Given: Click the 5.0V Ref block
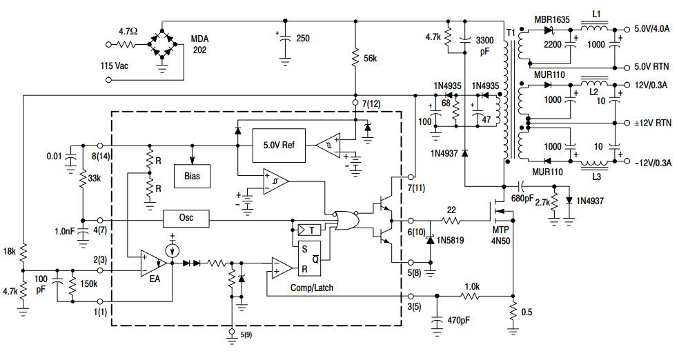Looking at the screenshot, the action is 279,146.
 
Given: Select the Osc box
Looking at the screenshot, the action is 186,219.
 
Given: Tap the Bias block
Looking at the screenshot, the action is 192,176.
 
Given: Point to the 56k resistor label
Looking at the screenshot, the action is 370,59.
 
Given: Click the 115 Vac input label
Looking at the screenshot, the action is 115,66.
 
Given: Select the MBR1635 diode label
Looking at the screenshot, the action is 552,19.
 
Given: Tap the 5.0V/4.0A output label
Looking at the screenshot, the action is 651,29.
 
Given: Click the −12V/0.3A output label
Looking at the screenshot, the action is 653,163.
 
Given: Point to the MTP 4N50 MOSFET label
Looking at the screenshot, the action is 500,235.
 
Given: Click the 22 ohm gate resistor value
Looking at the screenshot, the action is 451,210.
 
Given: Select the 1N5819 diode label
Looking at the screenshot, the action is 450,240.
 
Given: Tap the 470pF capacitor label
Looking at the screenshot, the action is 457,321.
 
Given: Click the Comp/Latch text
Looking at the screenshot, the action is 312,288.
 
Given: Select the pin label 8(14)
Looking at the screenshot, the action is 101,156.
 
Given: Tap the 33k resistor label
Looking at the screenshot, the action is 94,178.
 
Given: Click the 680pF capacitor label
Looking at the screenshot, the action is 522,198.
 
